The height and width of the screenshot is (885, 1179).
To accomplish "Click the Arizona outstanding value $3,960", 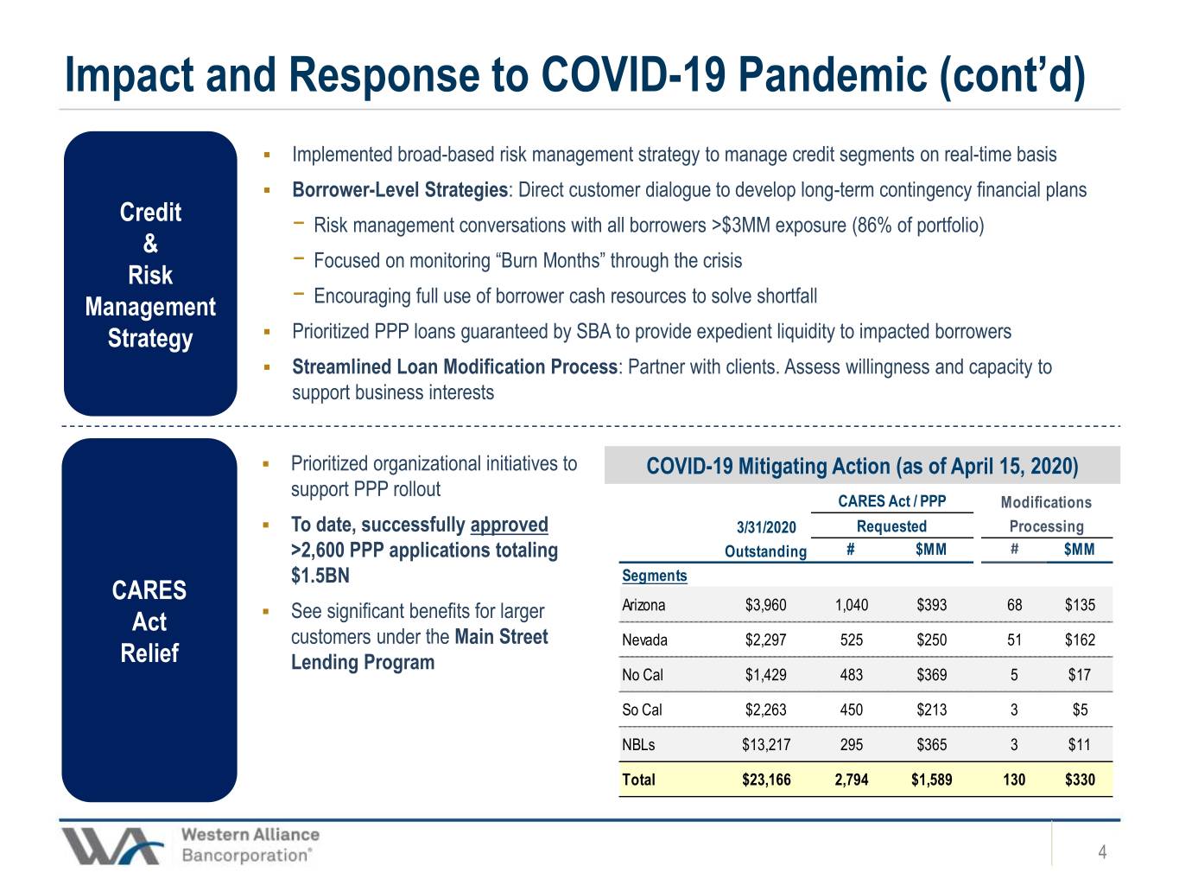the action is (765, 605).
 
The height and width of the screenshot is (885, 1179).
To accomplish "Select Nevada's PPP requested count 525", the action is (852, 640).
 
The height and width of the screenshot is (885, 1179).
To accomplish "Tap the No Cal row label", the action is (643, 675).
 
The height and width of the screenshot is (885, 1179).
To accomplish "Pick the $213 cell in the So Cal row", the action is (931, 710).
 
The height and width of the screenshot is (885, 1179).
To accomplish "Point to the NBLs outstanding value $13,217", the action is (766, 745).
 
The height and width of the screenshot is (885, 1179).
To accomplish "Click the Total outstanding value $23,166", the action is (766, 780).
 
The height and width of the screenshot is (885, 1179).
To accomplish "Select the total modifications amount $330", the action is (1080, 780).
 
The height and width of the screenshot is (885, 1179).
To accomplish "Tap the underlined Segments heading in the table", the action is (654, 576).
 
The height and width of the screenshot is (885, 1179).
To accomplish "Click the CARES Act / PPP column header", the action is (891, 501).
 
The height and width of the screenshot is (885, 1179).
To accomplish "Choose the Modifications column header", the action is (1046, 502).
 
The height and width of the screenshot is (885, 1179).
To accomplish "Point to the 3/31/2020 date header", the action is (766, 527).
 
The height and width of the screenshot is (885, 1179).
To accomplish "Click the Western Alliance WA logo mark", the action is (112, 846).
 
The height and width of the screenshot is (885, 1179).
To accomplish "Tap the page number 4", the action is (1102, 852).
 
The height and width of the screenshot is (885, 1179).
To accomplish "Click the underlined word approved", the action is (510, 525).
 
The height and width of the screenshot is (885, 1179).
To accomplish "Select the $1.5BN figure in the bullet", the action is (320, 576).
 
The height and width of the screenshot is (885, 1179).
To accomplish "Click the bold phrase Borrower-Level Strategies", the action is (400, 189).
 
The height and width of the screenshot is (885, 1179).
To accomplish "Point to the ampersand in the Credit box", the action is (150, 244).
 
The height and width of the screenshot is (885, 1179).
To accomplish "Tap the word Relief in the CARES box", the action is (149, 653).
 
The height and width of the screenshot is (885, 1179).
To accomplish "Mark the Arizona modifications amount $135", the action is (1080, 605).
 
